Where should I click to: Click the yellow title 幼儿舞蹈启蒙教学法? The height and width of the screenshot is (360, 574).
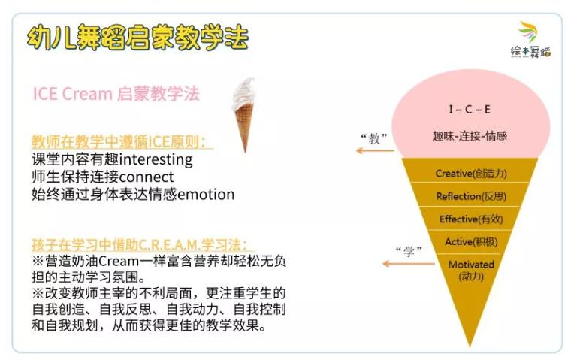click(138, 38)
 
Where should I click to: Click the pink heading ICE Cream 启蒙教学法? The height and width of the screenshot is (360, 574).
click(116, 94)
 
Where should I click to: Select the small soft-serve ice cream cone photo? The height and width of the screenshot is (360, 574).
click(244, 114)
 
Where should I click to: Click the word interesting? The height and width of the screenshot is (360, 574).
click(156, 159)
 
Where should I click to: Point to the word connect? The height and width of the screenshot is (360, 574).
click(147, 177)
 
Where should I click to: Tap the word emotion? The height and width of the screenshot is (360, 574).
click(206, 195)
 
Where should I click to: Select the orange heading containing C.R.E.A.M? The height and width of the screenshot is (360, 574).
click(140, 244)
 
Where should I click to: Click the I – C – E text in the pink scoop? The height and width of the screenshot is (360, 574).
click(470, 109)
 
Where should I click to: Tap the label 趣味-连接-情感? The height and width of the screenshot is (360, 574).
click(470, 136)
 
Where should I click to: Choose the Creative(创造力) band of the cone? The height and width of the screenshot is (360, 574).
click(471, 173)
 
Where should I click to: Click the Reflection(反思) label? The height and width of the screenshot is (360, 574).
click(471, 196)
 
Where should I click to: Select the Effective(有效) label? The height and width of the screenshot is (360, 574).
click(471, 219)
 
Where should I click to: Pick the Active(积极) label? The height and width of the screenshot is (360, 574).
click(471, 242)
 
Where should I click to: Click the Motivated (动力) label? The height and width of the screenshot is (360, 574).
click(471, 270)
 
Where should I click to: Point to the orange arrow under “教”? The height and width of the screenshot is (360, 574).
click(375, 150)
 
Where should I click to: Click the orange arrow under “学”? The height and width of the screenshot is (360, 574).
click(409, 263)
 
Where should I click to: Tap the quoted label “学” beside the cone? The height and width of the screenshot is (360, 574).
click(409, 252)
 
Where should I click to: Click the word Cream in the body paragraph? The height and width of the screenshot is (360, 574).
click(119, 261)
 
